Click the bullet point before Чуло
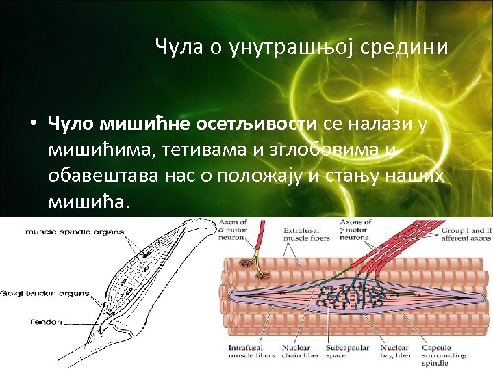coord(32,124)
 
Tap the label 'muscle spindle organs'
coord(75,232)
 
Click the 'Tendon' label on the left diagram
coord(46,322)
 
